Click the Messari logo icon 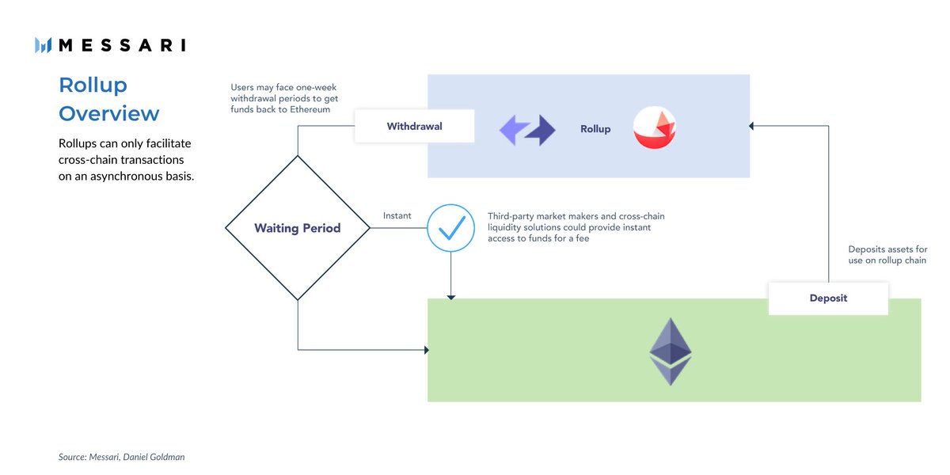coord(43,45)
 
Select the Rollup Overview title coord(108,99)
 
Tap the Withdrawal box coord(414,127)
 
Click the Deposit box coord(828,298)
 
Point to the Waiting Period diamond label coord(297,228)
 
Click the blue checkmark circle coord(450,228)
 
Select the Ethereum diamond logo coord(670,351)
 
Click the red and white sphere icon coord(655,128)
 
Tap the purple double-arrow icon coord(527,130)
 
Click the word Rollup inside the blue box coord(595,129)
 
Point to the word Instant coord(397,215)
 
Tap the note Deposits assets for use coord(887,255)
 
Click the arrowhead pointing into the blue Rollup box coord(752,126)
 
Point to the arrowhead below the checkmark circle coord(450,296)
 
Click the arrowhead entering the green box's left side coord(425,349)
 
